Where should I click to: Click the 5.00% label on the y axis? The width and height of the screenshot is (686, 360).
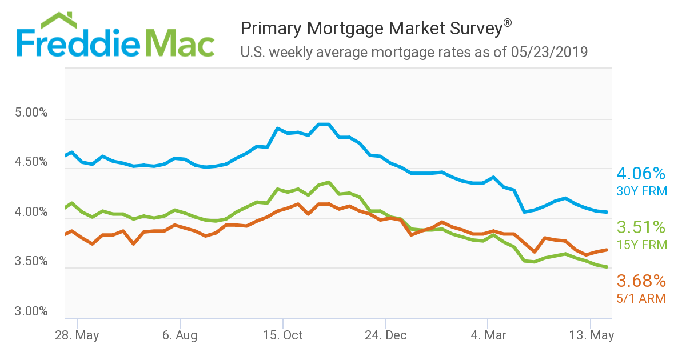click(x=31, y=113)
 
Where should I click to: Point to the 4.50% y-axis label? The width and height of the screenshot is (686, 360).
click(x=31, y=162)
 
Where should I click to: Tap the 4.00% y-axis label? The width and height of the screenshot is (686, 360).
click(x=31, y=213)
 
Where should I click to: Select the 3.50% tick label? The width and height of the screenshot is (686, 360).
click(x=31, y=262)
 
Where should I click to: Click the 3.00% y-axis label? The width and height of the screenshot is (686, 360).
click(x=31, y=312)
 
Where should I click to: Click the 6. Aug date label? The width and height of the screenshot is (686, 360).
click(x=180, y=335)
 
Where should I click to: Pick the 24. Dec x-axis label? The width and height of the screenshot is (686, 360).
click(x=386, y=335)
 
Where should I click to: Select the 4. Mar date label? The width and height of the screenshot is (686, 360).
click(x=488, y=335)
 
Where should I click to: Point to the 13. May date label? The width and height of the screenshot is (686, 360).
click(x=592, y=335)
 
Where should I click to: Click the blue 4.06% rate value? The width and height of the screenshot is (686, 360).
click(x=641, y=174)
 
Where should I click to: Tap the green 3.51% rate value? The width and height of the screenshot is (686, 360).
click(x=641, y=227)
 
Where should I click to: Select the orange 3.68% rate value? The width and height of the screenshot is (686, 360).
click(x=641, y=281)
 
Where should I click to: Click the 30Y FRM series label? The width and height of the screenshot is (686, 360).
click(x=641, y=191)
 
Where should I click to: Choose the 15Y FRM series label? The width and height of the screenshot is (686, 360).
click(x=641, y=245)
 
